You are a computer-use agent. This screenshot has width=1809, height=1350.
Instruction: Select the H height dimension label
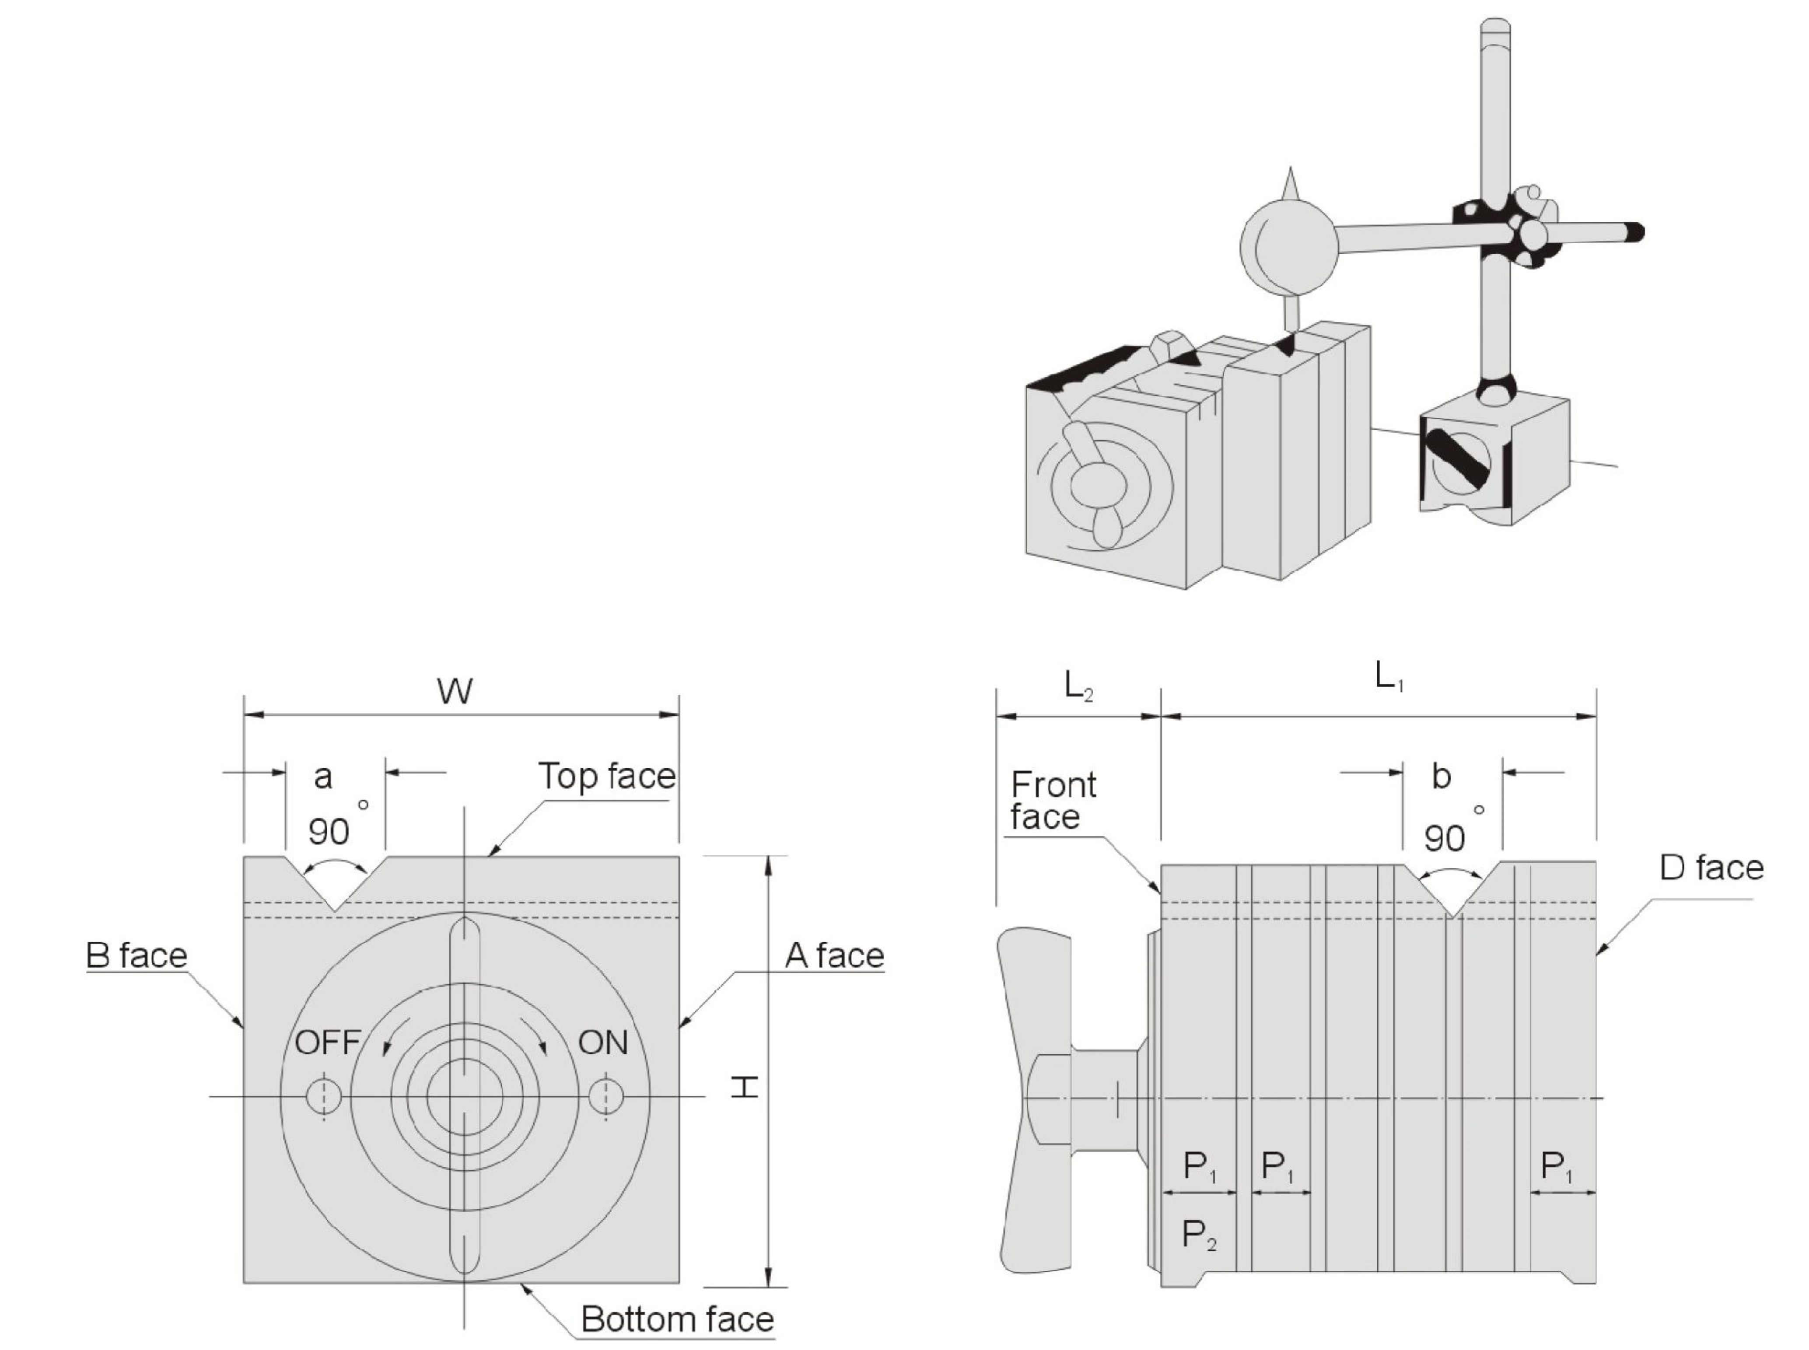tap(744, 1087)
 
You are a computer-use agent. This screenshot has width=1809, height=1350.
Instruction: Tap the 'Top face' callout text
tap(606, 776)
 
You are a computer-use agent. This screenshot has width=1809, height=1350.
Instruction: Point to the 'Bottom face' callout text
tap(676, 1319)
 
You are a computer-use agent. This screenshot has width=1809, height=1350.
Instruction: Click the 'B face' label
tap(136, 955)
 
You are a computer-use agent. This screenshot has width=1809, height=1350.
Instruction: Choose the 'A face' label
tap(834, 955)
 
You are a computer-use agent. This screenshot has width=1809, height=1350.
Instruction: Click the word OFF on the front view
tap(327, 1043)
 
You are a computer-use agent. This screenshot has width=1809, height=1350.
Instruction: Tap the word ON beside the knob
tap(603, 1043)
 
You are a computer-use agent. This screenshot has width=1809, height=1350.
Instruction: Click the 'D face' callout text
tap(1711, 868)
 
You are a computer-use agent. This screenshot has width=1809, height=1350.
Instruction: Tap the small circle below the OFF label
tap(324, 1096)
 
